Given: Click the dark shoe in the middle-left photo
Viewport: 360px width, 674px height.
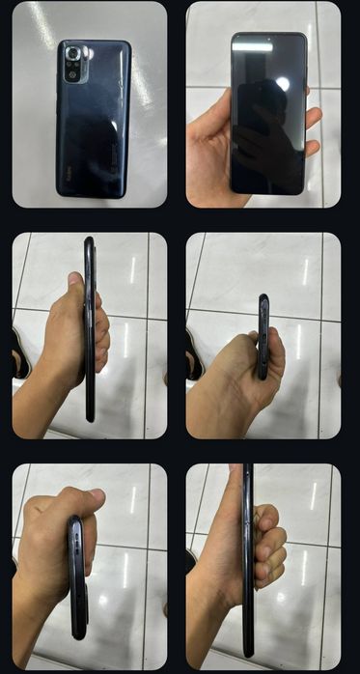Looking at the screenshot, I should click(19, 352).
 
